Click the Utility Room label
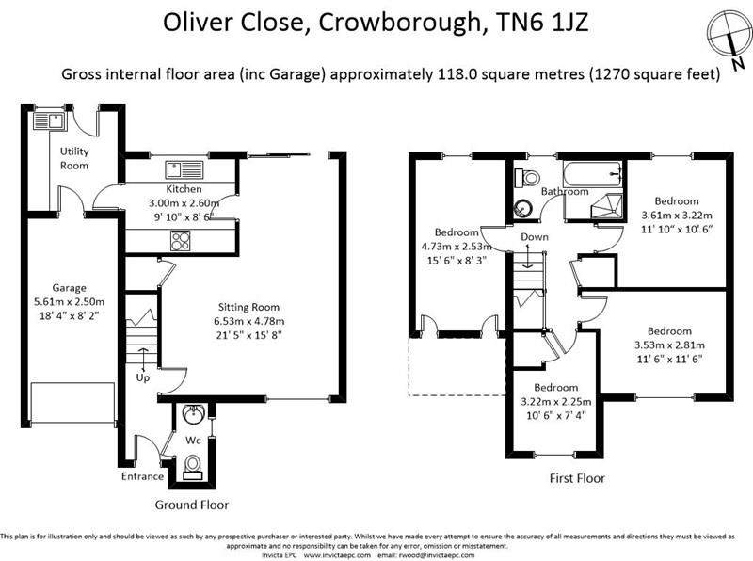coord(74,158)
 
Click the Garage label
coord(70,288)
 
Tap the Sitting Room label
coord(249,307)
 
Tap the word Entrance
coord(142,477)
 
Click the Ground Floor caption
coord(192,505)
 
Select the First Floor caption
coord(577,478)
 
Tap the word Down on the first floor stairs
coord(534,236)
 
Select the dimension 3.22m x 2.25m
coord(555,402)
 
